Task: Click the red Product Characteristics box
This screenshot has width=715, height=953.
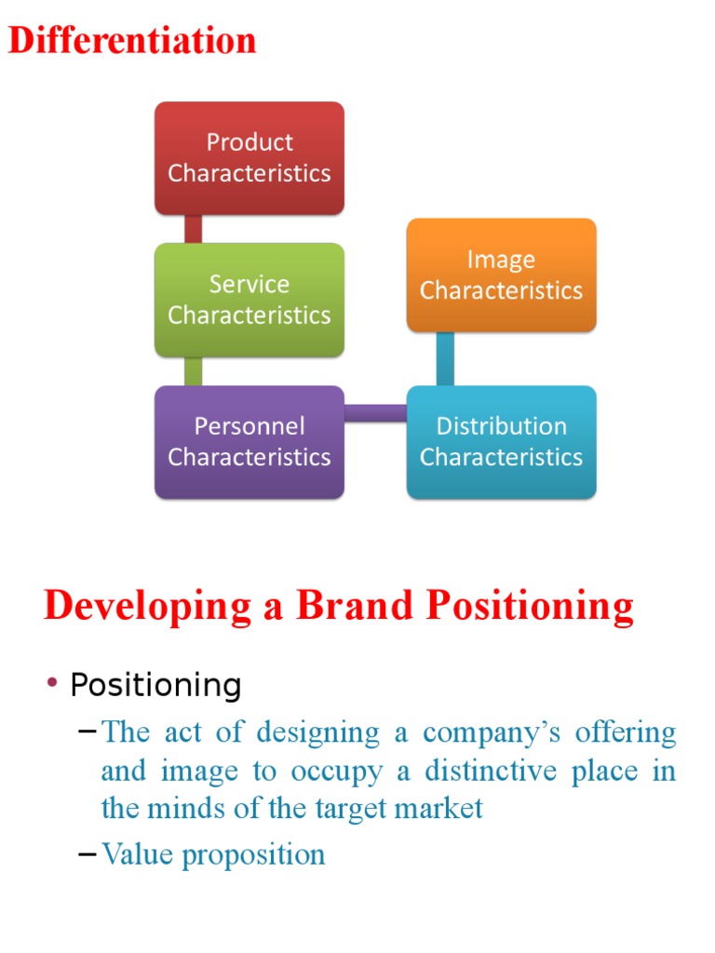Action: tap(250, 158)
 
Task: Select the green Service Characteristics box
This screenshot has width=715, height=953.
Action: tap(250, 300)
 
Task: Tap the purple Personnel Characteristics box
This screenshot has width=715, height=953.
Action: tap(250, 442)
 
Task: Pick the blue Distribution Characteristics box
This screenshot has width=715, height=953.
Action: tap(501, 442)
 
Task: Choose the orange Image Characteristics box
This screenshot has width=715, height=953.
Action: tap(501, 275)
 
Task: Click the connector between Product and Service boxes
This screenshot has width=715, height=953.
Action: tap(194, 229)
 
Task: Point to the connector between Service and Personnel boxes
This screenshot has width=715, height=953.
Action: tap(194, 371)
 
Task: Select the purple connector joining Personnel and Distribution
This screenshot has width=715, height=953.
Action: tap(375, 413)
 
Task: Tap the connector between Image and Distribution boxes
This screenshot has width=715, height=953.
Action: tap(445, 358)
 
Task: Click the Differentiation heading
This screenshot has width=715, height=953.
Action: tap(132, 41)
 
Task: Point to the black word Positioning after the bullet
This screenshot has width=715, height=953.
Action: tap(156, 686)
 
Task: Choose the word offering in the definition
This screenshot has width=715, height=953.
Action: tap(626, 732)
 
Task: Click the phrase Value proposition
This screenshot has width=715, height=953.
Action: tap(213, 854)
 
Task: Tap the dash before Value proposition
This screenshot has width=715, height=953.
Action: tap(88, 853)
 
